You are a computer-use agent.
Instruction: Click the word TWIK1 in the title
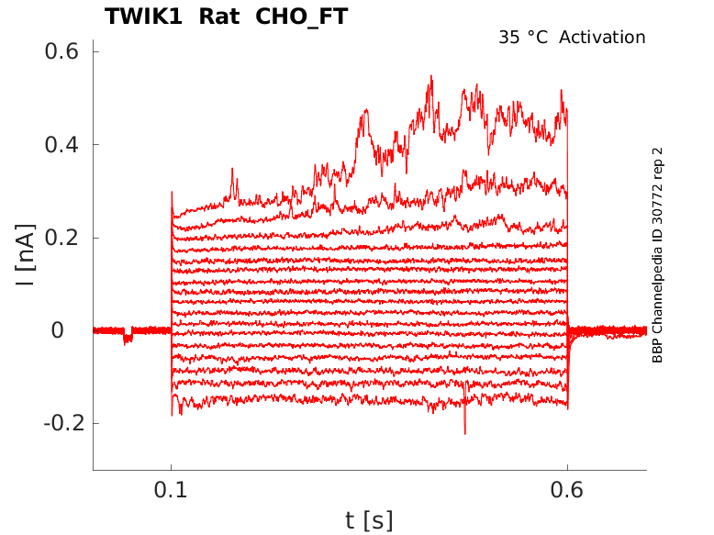tap(141, 17)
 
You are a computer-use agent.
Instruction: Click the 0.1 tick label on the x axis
tap(171, 490)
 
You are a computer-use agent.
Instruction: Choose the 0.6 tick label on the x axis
tap(567, 490)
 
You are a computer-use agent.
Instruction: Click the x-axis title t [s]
tap(369, 520)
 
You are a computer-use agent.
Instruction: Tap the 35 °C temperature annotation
tap(524, 38)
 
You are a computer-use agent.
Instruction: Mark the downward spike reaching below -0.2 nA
tap(465, 432)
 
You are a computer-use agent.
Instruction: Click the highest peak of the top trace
tap(430, 77)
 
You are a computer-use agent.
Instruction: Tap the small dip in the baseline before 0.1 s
tap(128, 339)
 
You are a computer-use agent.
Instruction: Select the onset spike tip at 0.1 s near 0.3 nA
tap(172, 194)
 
